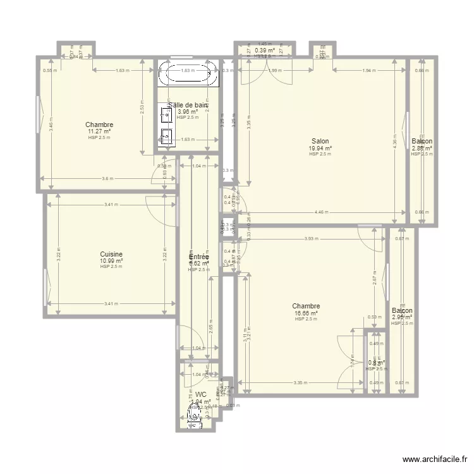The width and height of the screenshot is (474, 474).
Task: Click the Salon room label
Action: [320, 141]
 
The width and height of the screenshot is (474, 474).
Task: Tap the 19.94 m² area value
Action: [320, 148]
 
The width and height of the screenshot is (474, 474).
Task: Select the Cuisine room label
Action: [111, 254]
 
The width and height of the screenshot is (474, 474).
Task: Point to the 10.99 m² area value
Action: [111, 260]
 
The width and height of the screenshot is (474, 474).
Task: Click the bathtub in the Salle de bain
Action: [187, 73]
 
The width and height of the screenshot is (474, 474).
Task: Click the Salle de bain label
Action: [188, 106]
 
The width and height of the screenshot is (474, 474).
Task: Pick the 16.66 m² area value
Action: [306, 313]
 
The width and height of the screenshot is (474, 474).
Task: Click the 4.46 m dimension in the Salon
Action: [322, 212]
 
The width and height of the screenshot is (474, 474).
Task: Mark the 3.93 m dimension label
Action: [310, 238]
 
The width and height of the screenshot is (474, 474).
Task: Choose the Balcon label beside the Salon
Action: [422, 141]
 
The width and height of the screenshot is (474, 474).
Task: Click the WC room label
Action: [200, 394]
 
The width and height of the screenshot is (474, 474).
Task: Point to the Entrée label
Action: [198, 257]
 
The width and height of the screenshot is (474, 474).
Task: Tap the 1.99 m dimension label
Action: [274, 70]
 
